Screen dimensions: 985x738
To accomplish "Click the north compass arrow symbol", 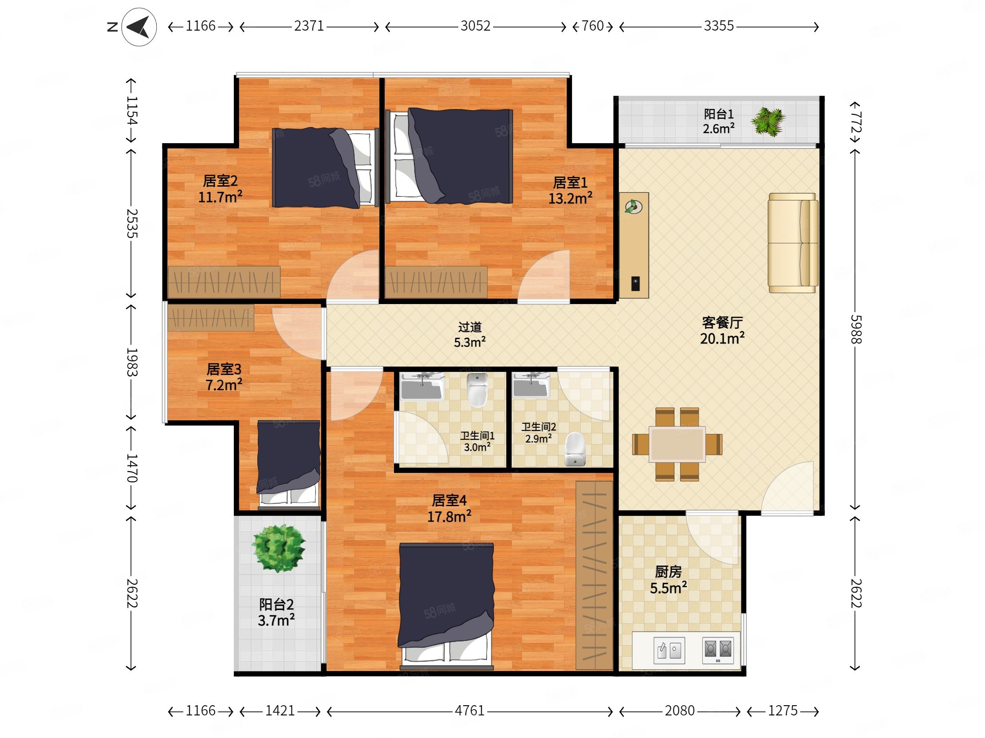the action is tap(138, 27).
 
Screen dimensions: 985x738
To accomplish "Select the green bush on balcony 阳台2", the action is tap(278, 547).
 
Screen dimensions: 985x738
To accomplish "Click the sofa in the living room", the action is tap(793, 243).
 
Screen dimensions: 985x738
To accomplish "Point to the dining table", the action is tap(677, 445).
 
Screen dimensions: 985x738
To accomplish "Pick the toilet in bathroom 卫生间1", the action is tap(477, 390).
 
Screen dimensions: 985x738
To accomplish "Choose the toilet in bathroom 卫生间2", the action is tap(575, 449).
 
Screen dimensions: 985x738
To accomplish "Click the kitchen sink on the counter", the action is tap(669, 650).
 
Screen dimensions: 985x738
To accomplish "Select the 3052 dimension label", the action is tap(475, 26).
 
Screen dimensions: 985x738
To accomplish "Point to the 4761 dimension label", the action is tap(469, 711).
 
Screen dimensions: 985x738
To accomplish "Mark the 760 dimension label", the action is tap(593, 26).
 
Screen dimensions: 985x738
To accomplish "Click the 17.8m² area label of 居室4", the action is tap(449, 516).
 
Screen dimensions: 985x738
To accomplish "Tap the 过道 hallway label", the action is tap(470, 328).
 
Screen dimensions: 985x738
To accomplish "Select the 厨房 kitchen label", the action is tap(668, 572).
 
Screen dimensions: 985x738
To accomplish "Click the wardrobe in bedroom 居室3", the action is tap(211, 318).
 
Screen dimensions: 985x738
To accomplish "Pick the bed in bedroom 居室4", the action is tap(446, 606).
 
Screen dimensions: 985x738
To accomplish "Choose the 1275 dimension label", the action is tap(783, 711).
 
